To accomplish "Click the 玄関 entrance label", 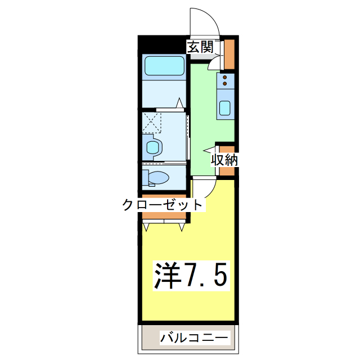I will click(200, 47).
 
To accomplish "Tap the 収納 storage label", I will click(224, 160).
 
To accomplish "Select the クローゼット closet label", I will click(162, 204).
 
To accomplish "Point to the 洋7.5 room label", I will click(191, 275).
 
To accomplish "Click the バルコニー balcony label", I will click(194, 338).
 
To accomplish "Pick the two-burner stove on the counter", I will click(225, 80).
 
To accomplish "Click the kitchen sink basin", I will click(225, 107).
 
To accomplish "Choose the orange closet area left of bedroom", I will click(164, 215).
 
